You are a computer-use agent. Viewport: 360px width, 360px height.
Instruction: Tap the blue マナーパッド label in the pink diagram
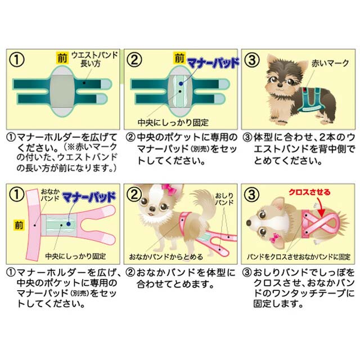click(89, 197)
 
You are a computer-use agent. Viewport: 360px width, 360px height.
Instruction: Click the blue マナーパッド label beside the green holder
click(213, 63)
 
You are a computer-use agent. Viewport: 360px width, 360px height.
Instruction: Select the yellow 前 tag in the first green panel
click(62, 57)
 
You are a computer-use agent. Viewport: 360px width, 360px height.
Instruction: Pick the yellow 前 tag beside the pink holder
click(19, 225)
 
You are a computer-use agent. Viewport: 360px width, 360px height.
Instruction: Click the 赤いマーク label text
click(330, 63)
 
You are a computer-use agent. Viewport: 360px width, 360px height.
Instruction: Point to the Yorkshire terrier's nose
click(280, 85)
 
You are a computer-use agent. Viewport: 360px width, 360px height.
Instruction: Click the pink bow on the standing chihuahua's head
click(169, 189)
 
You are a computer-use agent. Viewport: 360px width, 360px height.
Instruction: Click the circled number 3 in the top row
click(252, 60)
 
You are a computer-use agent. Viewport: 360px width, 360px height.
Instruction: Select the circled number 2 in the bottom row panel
click(134, 195)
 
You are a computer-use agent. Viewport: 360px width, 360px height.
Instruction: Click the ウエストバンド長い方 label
click(94, 59)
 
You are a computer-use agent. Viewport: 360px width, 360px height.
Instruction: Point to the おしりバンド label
click(224, 199)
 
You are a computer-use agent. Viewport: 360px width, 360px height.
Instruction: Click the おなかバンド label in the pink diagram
click(50, 195)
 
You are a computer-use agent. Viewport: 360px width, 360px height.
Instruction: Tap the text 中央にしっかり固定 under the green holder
click(173, 123)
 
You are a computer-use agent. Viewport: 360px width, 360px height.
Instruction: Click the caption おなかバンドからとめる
click(166, 256)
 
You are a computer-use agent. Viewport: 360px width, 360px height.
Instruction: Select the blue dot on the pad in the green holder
click(181, 84)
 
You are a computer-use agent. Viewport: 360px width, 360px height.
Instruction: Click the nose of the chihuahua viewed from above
click(249, 223)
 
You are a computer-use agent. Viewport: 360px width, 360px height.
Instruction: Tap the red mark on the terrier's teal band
click(304, 89)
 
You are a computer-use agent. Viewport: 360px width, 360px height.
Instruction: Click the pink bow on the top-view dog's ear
click(273, 238)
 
